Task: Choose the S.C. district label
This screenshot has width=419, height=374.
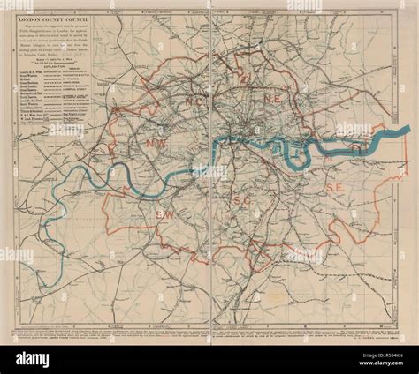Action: click(242, 201)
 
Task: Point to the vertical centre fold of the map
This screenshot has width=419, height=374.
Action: click(209, 176)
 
